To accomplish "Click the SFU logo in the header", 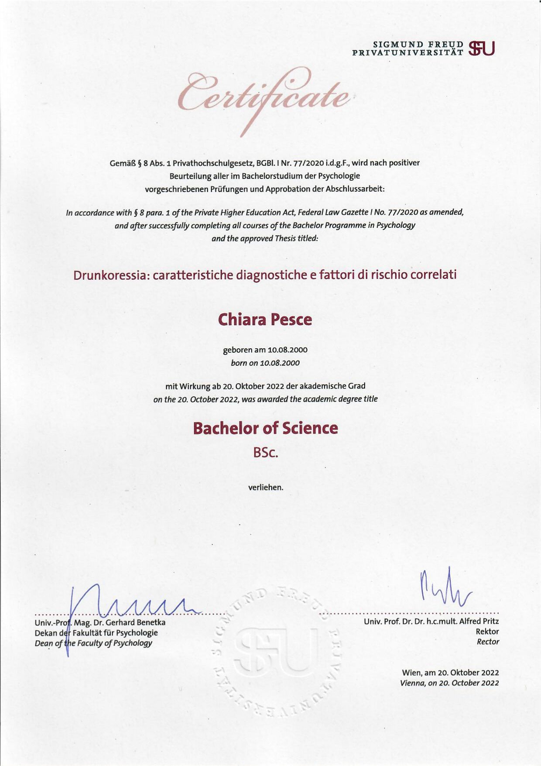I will (x=482, y=48).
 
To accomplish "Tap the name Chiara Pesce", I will (x=265, y=319).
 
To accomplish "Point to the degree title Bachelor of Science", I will (x=265, y=428).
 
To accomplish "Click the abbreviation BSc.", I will (x=266, y=453).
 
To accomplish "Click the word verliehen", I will (x=266, y=487).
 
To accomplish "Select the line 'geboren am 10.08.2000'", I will (x=265, y=350).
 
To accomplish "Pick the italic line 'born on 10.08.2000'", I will (x=265, y=363).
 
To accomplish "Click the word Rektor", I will (x=487, y=631).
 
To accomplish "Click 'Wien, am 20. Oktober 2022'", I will (x=450, y=673).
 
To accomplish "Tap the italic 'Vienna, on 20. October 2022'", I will (x=449, y=683).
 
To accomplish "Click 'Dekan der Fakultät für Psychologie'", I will (x=96, y=632).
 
